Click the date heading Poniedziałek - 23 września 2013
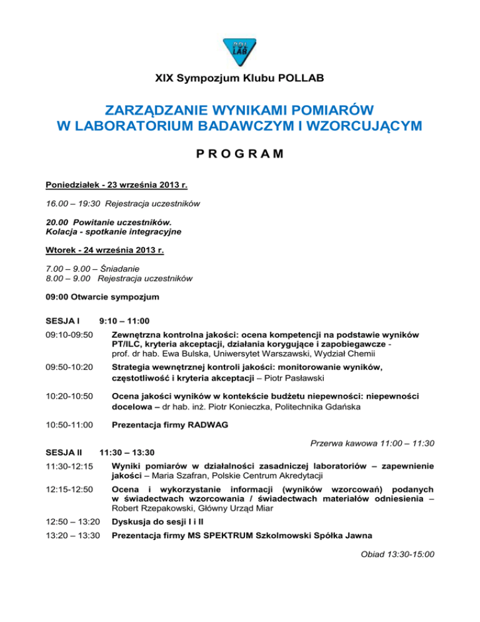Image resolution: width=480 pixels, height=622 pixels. tap(117, 185)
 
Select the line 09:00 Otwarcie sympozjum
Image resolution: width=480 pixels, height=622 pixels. tap(103, 296)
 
